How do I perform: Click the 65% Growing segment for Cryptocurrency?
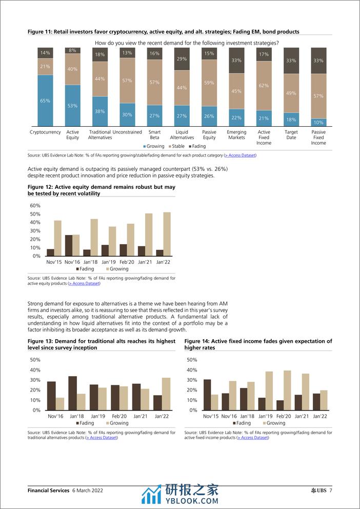45,101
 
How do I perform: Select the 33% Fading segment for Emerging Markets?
236,61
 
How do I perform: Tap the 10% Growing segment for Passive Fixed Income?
318,123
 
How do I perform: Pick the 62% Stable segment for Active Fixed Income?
264,86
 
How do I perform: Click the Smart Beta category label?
154,135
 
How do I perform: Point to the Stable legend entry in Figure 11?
176,146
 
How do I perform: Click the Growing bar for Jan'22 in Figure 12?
167,234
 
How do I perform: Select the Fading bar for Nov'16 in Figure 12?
69,245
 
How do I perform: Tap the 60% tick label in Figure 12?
35,205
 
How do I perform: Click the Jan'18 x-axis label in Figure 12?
90,262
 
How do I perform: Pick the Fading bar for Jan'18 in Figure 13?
73,393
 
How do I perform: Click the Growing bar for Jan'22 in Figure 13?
166,394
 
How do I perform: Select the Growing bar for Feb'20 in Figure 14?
287,390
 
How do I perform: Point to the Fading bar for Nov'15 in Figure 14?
207,395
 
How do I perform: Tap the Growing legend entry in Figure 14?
274,423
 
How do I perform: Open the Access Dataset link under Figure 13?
102,438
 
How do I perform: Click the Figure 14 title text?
258,344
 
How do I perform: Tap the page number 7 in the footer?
331,490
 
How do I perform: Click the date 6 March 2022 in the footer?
88,490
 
